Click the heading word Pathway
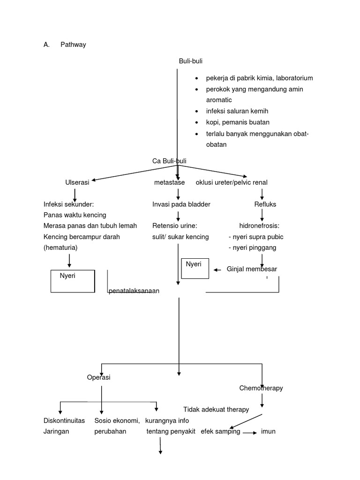pyautogui.click(x=73, y=45)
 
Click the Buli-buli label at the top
pyautogui.click(x=191, y=61)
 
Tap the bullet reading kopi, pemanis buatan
pyautogui.click(x=238, y=122)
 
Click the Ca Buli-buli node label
pyautogui.click(x=169, y=161)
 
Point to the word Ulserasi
pyautogui.click(x=77, y=182)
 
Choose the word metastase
pyautogui.click(x=169, y=182)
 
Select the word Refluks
pyautogui.click(x=265, y=204)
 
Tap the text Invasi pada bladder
pyautogui.click(x=181, y=204)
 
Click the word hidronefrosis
pyautogui.click(x=259, y=226)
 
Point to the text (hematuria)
pyautogui.click(x=60, y=247)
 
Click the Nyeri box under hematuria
pyautogui.click(x=73, y=281)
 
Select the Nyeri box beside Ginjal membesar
pyautogui.click(x=195, y=268)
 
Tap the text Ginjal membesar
pyautogui.click(x=252, y=269)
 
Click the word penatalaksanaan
pyautogui.click(x=134, y=291)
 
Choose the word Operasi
pyautogui.click(x=99, y=378)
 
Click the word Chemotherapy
pyautogui.click(x=261, y=388)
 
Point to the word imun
pyautogui.click(x=268, y=431)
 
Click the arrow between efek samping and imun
pyautogui.click(x=248, y=432)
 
